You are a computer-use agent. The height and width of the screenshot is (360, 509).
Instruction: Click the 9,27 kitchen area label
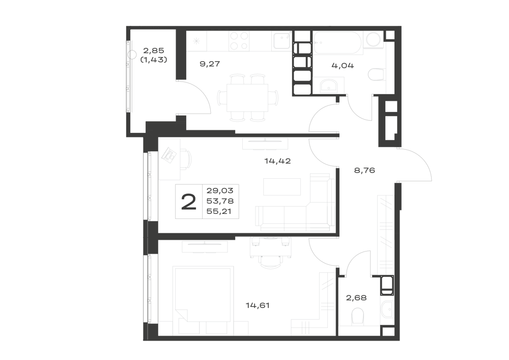click(210, 64)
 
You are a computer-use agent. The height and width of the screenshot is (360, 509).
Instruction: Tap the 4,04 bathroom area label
click(343, 66)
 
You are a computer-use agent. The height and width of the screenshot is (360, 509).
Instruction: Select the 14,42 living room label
click(277, 161)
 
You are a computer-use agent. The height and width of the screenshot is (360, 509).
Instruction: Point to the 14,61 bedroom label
click(258, 306)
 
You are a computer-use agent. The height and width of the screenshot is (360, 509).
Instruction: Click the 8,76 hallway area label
click(364, 170)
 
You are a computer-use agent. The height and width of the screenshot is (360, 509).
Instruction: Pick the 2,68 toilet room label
click(356, 298)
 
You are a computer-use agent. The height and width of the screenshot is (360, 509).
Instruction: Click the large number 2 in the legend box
click(189, 202)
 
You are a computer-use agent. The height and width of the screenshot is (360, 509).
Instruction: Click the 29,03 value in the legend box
click(220, 190)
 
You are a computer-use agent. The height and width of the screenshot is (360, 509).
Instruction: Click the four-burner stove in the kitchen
click(239, 41)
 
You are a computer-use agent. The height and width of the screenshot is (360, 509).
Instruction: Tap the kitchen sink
click(282, 41)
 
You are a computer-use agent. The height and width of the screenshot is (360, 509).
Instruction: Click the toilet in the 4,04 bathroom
click(377, 74)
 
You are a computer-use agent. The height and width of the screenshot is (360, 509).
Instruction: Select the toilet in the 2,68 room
click(358, 316)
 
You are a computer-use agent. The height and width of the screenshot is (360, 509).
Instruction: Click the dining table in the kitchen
click(247, 98)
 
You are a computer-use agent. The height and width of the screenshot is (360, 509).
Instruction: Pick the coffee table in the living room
click(282, 187)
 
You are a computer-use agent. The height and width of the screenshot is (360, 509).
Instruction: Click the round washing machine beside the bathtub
click(374, 40)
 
